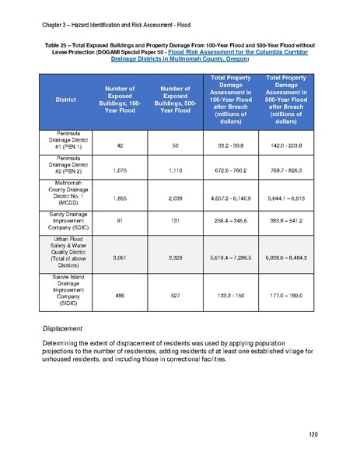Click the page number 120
tap(314, 433)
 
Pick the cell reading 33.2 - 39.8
tap(231, 144)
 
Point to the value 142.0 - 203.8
tap(285, 144)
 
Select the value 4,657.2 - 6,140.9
tap(231, 199)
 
